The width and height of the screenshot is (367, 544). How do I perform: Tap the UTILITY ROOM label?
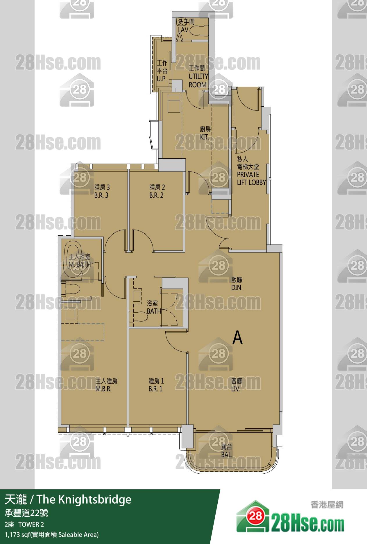(198, 80)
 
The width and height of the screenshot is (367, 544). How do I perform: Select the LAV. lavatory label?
(184, 30)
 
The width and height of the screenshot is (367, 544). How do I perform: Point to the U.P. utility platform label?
(162, 79)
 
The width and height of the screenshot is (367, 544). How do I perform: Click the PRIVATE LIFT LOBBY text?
(251, 178)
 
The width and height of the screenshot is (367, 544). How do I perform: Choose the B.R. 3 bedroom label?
(101, 195)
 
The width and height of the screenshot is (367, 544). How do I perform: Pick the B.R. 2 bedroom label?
(156, 195)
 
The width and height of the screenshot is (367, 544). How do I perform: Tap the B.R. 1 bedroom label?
(155, 389)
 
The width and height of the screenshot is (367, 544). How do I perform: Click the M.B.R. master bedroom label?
(103, 389)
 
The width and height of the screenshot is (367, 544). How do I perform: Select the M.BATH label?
(80, 264)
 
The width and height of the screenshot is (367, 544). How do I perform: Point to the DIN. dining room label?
(237, 288)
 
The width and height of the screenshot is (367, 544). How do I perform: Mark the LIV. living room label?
(236, 389)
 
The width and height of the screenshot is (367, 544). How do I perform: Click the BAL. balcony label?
(227, 455)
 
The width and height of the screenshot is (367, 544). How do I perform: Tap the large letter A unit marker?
(237, 338)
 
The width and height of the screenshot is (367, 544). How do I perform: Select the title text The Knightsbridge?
(84, 500)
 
